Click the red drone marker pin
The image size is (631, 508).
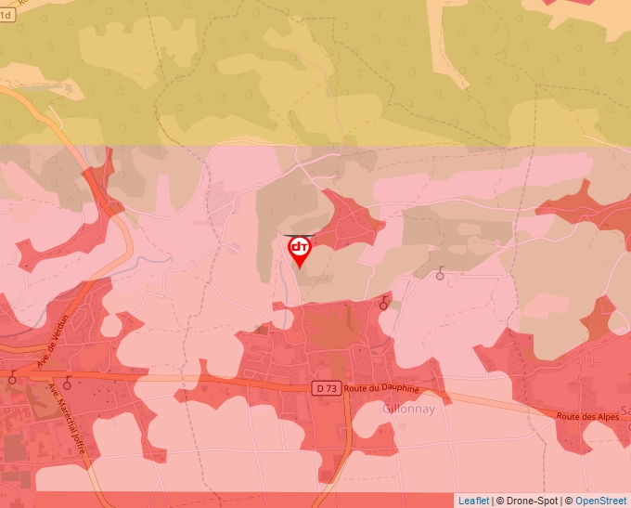pos(299,248)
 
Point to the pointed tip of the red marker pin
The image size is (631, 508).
pos(299,268)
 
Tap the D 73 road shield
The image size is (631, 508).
pos(325,388)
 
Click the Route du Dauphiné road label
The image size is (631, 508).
pos(380,388)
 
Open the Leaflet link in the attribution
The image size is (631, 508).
pos(473,501)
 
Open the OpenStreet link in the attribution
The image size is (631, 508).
pos(600,501)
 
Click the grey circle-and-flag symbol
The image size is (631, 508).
pos(440,274)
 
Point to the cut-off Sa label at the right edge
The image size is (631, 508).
pos(625,410)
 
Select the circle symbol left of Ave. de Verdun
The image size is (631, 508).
pos(12,378)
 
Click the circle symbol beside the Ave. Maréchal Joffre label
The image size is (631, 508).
pos(67,383)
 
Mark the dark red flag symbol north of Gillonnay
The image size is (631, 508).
pos(383,303)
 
